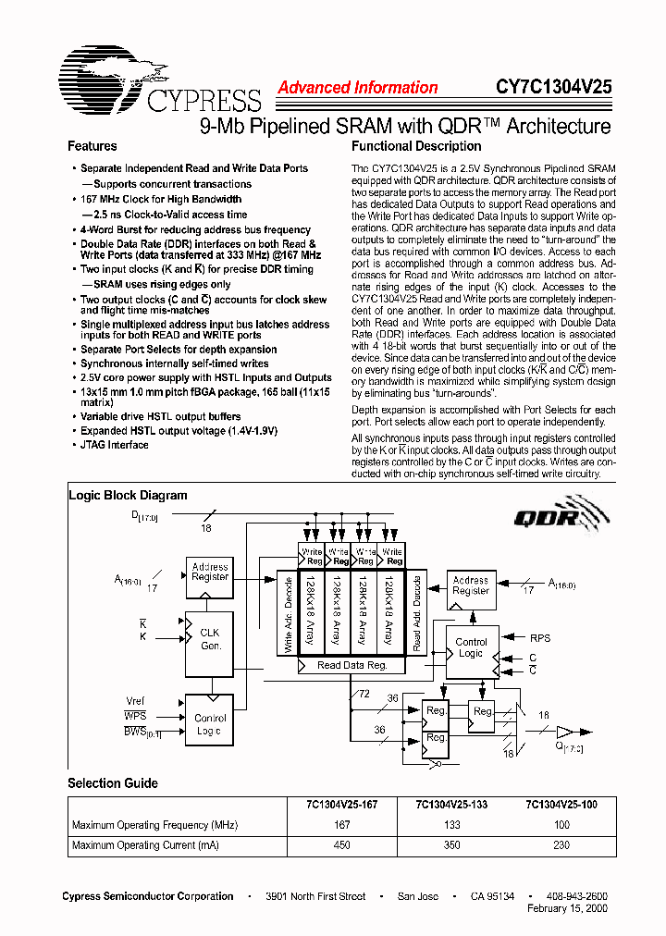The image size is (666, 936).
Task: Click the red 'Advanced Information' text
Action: point(357,88)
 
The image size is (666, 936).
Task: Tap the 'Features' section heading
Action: point(92,146)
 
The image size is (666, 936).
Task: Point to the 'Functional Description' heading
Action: point(416,146)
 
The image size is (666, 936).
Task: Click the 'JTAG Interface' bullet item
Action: point(114,445)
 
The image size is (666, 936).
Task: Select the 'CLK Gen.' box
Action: point(210,639)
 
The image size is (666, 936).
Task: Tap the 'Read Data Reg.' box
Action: point(351,665)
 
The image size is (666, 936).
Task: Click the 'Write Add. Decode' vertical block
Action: point(288,613)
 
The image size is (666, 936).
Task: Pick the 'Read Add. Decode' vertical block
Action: point(416,613)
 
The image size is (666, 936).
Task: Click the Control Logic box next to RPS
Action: point(471,647)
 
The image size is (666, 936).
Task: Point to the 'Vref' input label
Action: point(135,701)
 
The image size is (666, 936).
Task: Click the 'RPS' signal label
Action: point(539,637)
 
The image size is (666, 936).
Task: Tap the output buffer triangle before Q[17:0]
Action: point(565,730)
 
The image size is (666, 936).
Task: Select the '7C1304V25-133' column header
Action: point(451,805)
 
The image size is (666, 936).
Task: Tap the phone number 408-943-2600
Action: point(577,896)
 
